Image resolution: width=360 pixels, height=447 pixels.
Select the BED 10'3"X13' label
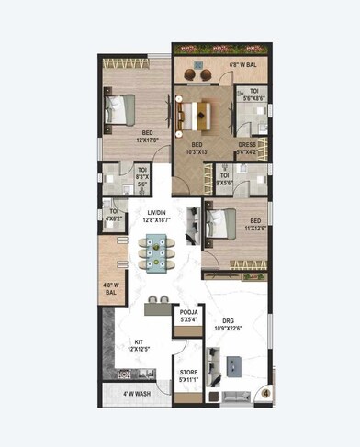197,149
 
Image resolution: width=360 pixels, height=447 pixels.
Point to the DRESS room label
249,149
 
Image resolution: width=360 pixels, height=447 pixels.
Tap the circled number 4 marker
264,395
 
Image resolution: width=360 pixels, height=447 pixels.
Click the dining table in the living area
155,251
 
